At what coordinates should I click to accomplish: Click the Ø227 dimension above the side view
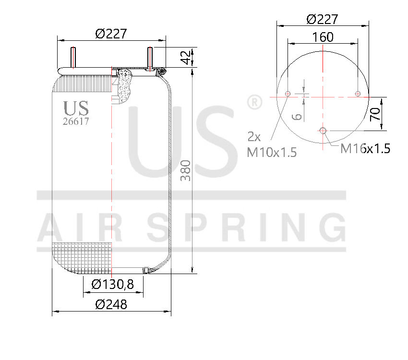click(111, 34)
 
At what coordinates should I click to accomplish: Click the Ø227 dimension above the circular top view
click(322, 19)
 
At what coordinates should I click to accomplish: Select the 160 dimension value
click(323, 36)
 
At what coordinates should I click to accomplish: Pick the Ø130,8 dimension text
click(112, 285)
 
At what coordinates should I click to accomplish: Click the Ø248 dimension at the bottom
click(111, 304)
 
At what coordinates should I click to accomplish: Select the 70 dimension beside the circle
click(375, 113)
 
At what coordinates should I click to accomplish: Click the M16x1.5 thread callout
click(365, 149)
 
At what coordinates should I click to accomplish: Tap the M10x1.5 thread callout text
click(272, 152)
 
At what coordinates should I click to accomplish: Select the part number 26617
click(76, 121)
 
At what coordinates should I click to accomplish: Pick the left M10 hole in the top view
click(288, 93)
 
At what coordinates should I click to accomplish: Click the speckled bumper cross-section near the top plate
click(126, 85)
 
